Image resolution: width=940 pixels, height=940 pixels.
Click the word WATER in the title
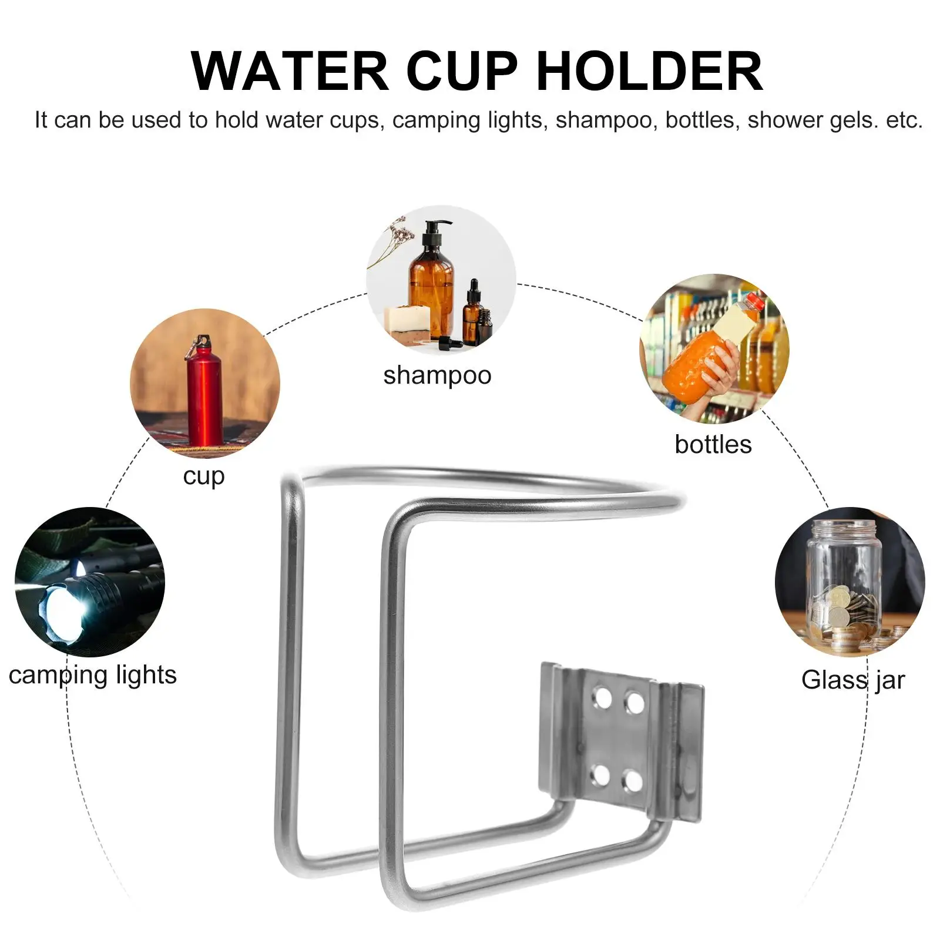tap(290, 71)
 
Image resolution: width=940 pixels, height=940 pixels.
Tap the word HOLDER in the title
tap(650, 71)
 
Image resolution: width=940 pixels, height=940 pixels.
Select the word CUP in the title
tap(462, 71)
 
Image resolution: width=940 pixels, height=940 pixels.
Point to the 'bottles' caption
tap(713, 444)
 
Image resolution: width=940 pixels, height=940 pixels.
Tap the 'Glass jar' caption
tap(853, 681)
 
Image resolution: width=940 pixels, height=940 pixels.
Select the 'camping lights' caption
tap(93, 676)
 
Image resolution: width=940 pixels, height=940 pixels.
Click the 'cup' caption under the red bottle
tap(204, 476)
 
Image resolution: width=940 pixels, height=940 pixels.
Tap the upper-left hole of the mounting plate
tap(602, 698)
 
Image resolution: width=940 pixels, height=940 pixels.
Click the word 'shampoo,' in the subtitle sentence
tap(607, 121)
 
